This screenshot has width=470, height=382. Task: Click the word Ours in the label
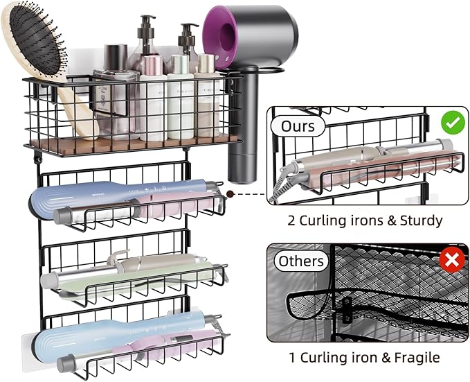tap(298, 126)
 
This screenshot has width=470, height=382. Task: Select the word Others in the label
tap(301, 261)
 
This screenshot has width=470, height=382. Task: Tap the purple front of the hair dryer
tap(222, 41)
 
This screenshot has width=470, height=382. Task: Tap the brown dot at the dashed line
tap(231, 194)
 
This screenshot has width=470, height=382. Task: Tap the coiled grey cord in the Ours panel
tap(279, 183)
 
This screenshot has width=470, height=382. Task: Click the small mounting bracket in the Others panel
tap(347, 310)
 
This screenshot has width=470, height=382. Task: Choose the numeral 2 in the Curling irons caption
tap(291, 221)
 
